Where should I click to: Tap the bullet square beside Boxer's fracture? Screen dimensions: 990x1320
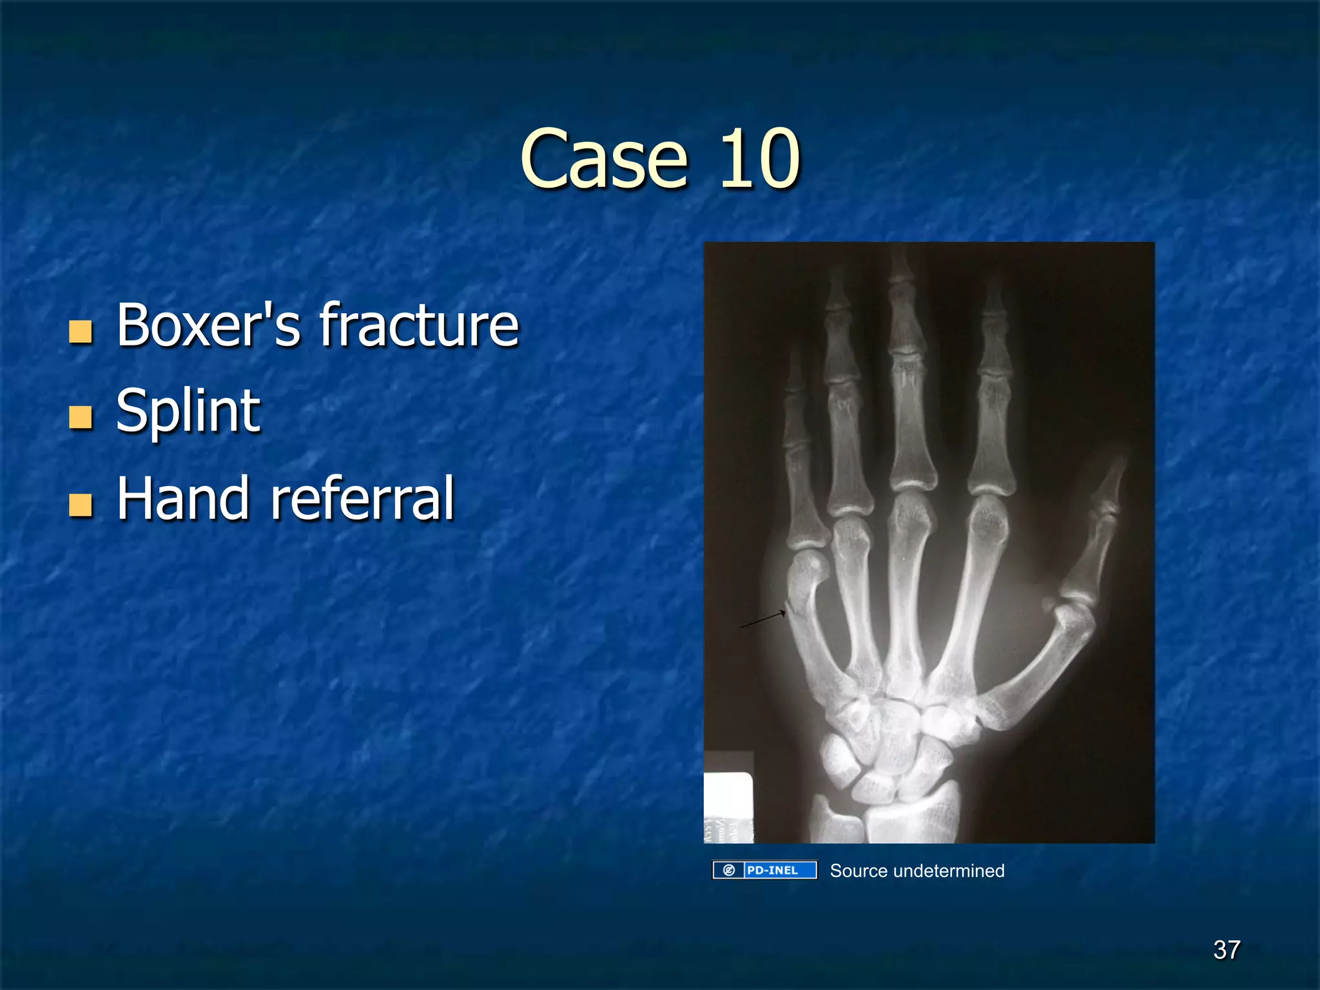click(81, 331)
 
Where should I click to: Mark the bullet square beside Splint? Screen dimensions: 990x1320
click(81, 418)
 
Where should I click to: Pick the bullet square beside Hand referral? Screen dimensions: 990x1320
click(81, 505)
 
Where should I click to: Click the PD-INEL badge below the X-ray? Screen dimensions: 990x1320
click(764, 870)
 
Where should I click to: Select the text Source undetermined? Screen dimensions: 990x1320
click(917, 871)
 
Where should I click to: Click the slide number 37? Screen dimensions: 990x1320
click(1226, 949)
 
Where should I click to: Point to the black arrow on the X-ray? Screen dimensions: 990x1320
click(762, 619)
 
